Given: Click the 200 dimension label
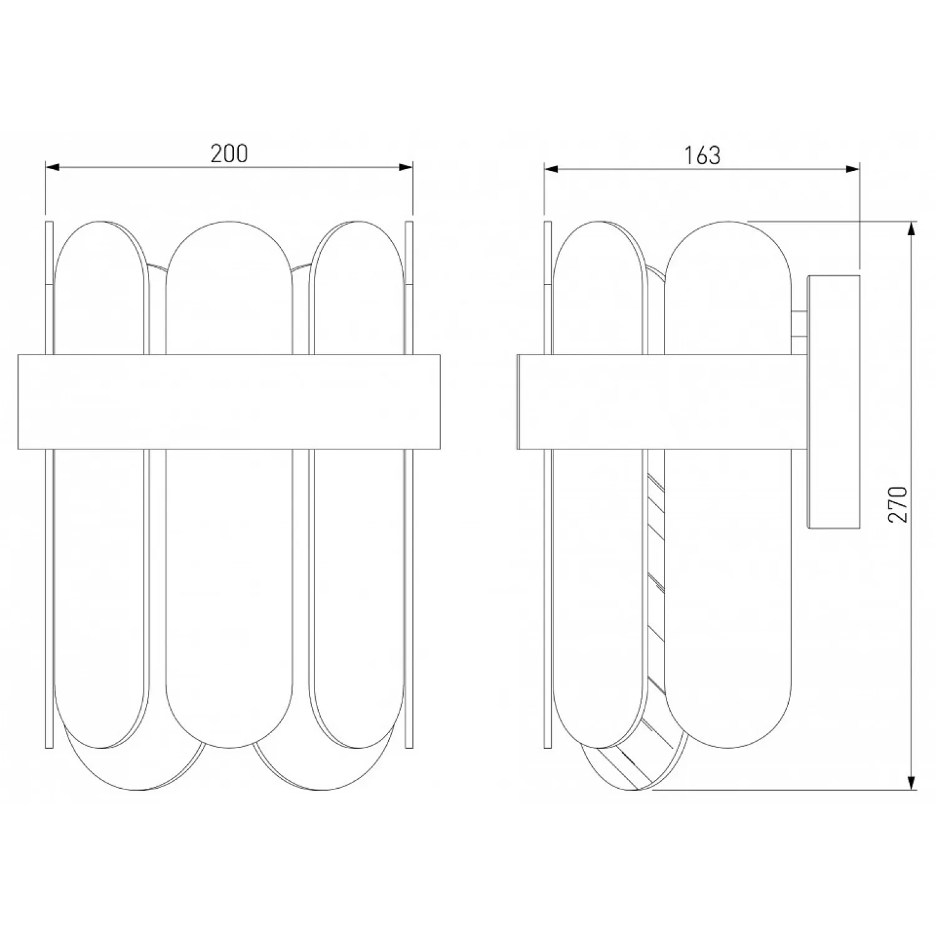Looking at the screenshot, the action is pos(229,154).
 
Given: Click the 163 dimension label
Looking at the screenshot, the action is pos(703,155).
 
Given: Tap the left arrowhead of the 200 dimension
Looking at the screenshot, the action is pos(52,167).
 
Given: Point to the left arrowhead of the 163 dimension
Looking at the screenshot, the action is pos(552,168).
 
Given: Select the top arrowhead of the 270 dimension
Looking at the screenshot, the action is pos(912,229).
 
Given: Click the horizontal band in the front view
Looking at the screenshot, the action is pos(229,402).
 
